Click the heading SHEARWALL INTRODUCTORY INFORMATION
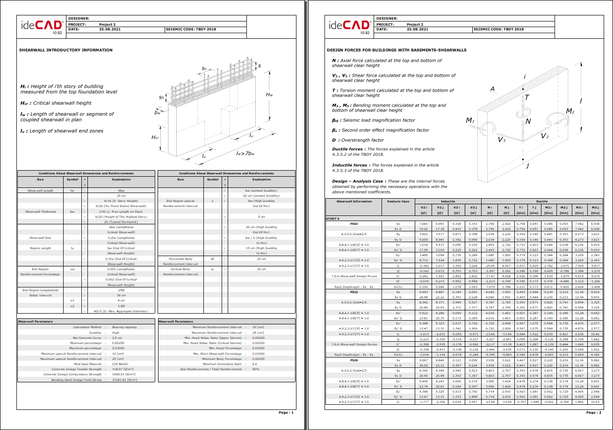[65, 50]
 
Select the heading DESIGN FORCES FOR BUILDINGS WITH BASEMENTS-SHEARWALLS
[397, 50]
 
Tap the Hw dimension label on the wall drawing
[269, 95]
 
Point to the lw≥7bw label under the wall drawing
[245, 153]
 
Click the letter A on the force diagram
[492, 89]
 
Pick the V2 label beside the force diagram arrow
[545, 136]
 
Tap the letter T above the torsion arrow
[527, 97]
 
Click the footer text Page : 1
[286, 412]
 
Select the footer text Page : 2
[594, 412]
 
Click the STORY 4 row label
[333, 218]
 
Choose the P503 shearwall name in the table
[354, 224]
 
